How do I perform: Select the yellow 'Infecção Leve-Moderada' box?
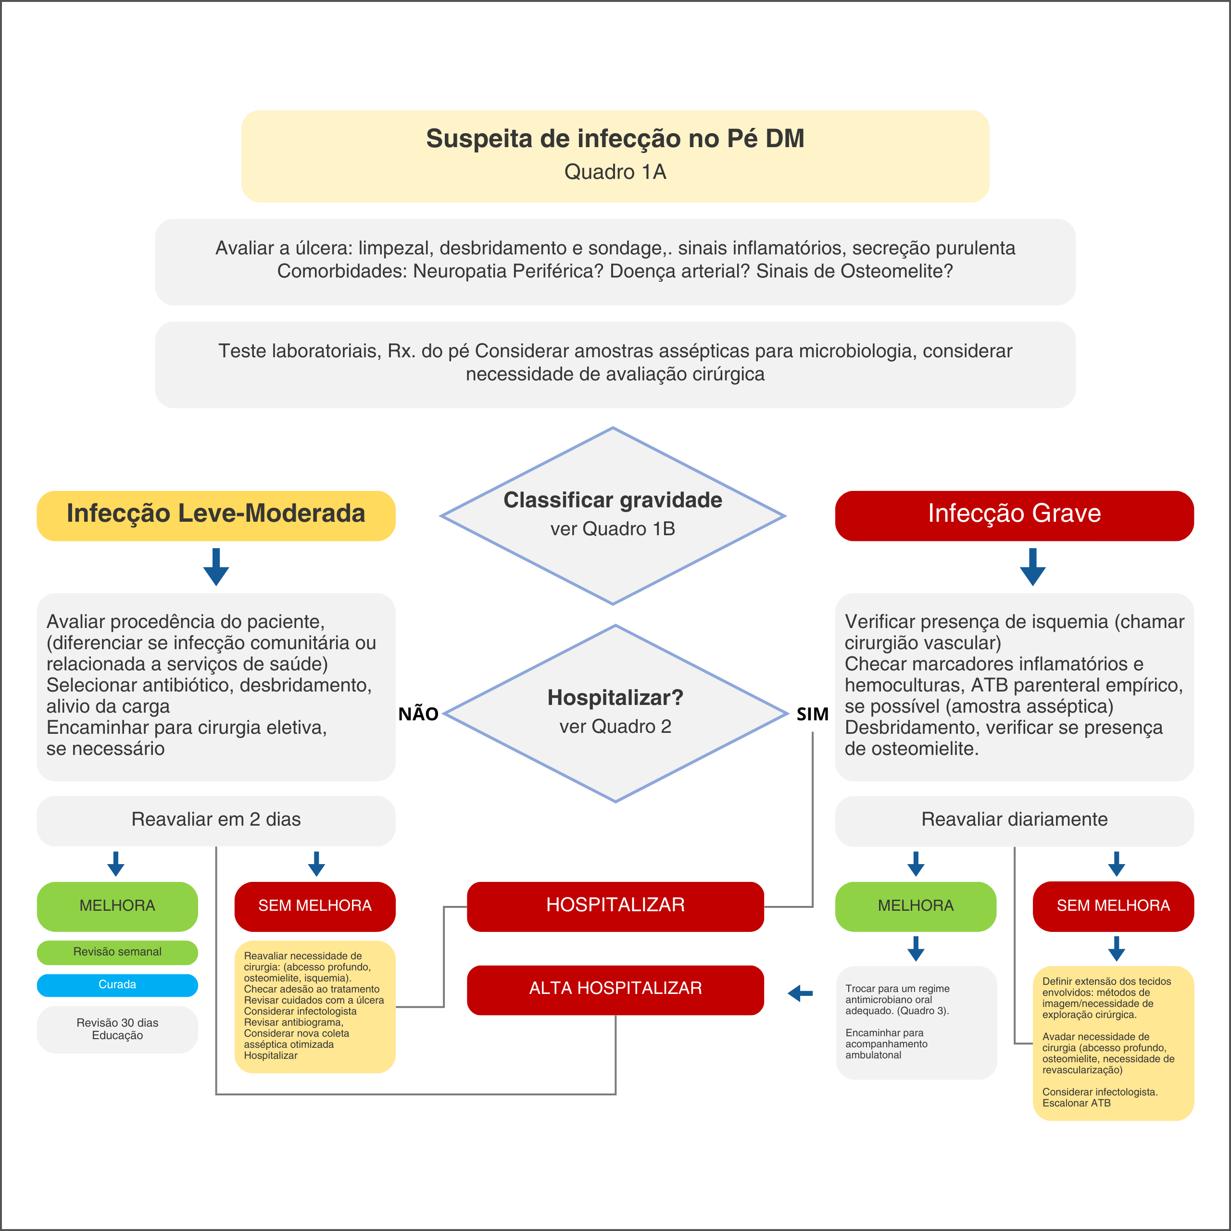(216, 515)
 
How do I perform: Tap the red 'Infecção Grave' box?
(1014, 515)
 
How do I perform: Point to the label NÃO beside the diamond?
(418, 714)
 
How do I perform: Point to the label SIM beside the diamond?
(812, 714)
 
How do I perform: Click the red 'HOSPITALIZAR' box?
(615, 905)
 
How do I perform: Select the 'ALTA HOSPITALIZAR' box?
(615, 989)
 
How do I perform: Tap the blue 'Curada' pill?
(117, 984)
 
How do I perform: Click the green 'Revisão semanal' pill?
(117, 952)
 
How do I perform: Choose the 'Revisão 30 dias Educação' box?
(117, 1029)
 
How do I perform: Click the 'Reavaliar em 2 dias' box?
(216, 819)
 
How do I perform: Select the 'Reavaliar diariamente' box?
(1014, 819)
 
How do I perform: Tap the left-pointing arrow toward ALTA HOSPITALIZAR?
(800, 992)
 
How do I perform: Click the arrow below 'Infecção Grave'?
(1032, 566)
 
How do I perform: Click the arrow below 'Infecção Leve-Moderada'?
(216, 566)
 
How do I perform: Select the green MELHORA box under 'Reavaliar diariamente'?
(915, 905)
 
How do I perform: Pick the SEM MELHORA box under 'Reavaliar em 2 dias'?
(315, 905)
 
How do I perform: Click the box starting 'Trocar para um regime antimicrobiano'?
(916, 1022)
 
